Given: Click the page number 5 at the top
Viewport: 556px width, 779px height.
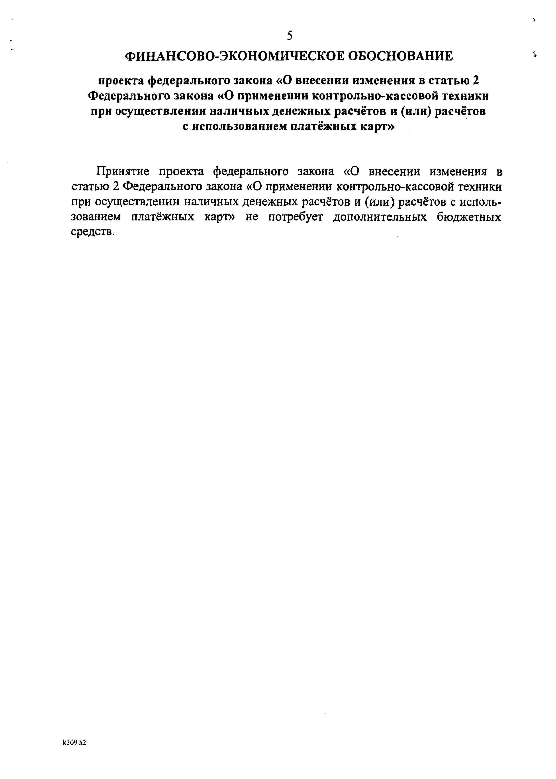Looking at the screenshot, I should [x=290, y=36].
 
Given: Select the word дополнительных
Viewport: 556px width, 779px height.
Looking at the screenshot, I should [x=380, y=217].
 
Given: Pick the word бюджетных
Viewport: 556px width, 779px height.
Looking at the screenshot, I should [x=469, y=217].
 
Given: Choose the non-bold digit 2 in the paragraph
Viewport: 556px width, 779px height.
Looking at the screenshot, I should [x=116, y=187].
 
